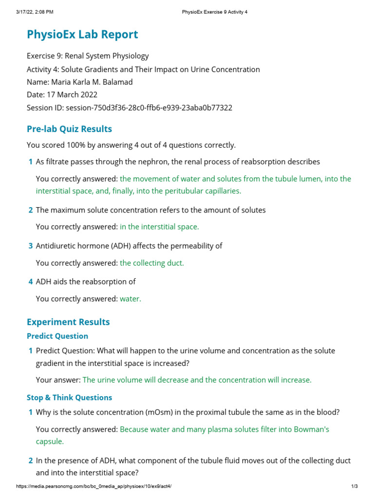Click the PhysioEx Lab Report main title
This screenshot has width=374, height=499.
[x=82, y=35]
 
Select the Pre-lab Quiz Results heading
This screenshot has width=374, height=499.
[x=69, y=129]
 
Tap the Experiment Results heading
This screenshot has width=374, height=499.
[x=68, y=322]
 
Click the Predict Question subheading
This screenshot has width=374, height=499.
[x=57, y=336]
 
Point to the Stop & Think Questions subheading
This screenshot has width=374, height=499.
[x=69, y=398]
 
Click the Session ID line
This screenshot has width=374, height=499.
[x=129, y=108]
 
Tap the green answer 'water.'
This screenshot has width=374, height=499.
[x=131, y=299]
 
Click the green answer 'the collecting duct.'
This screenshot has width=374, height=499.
[x=152, y=263]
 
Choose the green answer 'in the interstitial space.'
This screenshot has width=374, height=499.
[x=159, y=227]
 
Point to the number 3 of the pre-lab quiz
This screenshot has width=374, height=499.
[x=31, y=246]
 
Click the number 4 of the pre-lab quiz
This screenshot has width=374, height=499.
[x=31, y=282]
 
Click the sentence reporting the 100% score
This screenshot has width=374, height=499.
[x=131, y=145]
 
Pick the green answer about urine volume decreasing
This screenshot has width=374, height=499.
[x=197, y=380]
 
